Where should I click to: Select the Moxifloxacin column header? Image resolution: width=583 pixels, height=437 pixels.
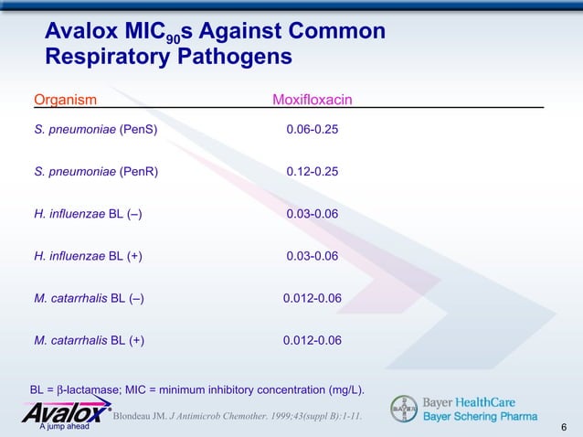(x=313, y=99)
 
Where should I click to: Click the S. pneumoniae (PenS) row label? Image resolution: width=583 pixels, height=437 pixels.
(x=95, y=130)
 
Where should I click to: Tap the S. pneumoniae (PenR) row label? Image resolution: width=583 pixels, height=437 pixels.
(x=95, y=172)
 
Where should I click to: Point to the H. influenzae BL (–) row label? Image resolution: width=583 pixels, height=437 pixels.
(x=88, y=214)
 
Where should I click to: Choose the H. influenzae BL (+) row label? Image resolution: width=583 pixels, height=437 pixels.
(x=88, y=256)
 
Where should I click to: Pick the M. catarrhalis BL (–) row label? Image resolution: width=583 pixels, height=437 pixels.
(x=89, y=298)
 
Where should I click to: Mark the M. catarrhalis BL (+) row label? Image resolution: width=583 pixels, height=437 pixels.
(x=89, y=340)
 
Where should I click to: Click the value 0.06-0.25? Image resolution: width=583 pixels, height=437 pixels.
(x=312, y=130)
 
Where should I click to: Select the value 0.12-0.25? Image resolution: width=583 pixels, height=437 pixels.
(x=312, y=172)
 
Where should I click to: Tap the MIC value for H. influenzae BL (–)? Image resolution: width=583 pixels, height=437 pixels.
(x=312, y=214)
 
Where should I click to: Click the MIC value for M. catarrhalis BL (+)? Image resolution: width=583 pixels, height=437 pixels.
(x=312, y=340)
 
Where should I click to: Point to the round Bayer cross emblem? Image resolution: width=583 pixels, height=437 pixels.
(x=404, y=409)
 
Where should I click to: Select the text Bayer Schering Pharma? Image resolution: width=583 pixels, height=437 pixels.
(x=479, y=417)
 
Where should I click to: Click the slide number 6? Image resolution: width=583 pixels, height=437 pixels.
(x=564, y=427)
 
